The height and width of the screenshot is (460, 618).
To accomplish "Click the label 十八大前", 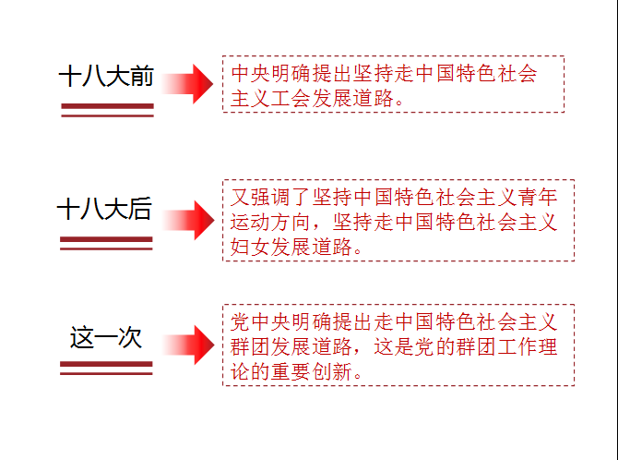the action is (106, 76).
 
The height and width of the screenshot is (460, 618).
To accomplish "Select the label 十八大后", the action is (104, 209).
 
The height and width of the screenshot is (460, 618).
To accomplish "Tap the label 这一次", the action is (106, 337).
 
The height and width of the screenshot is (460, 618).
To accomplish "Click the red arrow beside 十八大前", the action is (187, 84).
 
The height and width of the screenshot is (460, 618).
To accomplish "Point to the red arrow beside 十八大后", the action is (188, 220).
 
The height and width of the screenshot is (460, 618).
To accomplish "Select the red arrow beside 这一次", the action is (188, 345).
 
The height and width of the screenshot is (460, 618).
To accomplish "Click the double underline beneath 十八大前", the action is (107, 110).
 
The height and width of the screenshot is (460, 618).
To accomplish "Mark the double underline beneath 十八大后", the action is (106, 243).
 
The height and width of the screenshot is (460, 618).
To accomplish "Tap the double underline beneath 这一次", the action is (106, 368).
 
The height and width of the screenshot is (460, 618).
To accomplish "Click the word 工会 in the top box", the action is (291, 98).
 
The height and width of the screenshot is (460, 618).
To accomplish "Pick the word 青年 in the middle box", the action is (538, 197).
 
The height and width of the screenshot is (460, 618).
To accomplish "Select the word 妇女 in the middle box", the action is (250, 247).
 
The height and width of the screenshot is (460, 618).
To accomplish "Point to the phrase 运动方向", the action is (271, 222).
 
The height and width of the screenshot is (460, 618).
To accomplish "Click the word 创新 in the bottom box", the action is (332, 371).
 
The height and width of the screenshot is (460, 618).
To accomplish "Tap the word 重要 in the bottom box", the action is (291, 371).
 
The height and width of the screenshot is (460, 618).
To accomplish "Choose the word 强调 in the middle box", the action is (271, 197).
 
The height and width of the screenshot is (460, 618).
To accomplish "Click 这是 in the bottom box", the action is (394, 346).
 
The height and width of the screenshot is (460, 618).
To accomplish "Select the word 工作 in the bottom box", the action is (517, 346).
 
